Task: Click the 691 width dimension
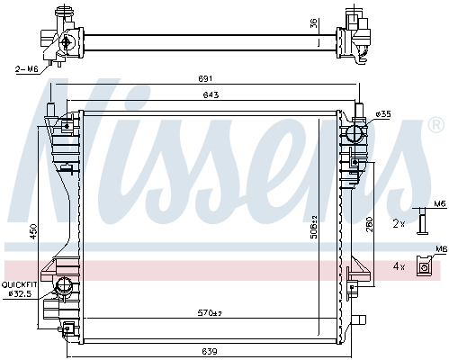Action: pos(205,78)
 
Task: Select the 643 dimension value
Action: pos(211,95)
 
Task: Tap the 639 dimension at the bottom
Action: pos(210,351)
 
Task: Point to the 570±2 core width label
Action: pos(210,313)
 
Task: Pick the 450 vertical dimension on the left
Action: pos(33,231)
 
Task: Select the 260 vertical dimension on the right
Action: pos(369,224)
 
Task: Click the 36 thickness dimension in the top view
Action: pos(313,23)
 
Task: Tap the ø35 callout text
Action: pos(383,114)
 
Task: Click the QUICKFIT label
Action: pos(19,284)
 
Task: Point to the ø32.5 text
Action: pos(20,294)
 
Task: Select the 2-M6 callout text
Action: pos(27,69)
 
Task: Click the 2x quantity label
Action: pos(399,223)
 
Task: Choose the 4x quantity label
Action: pos(399,266)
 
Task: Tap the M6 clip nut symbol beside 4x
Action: pos(424,265)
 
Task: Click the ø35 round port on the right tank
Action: pos(355,134)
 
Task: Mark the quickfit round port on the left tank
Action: pos(64,287)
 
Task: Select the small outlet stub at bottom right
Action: pos(359,319)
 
